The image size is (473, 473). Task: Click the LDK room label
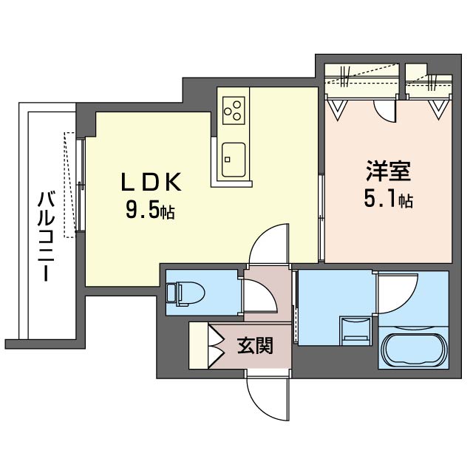[151, 182]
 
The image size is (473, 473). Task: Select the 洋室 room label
[387, 172]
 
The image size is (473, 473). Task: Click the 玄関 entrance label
[254, 345]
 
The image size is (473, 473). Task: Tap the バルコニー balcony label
[46, 235]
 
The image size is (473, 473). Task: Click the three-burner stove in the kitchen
[234, 109]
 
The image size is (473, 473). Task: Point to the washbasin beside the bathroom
[355, 328]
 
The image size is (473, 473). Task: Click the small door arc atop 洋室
[386, 110]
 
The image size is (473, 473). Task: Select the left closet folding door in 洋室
[338, 108]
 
